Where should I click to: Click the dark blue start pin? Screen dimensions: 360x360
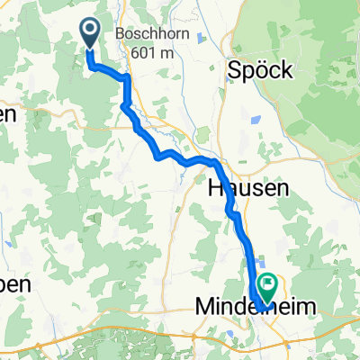point(92,33)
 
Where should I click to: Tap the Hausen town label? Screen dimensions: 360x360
point(248,188)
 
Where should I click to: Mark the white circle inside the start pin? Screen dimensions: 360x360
point(92,30)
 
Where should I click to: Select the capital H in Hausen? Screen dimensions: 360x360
point(217,188)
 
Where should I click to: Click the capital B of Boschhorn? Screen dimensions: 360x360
point(121,35)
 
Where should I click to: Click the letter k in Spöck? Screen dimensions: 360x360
point(285,70)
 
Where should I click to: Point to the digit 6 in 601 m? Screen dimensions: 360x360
point(125,52)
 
